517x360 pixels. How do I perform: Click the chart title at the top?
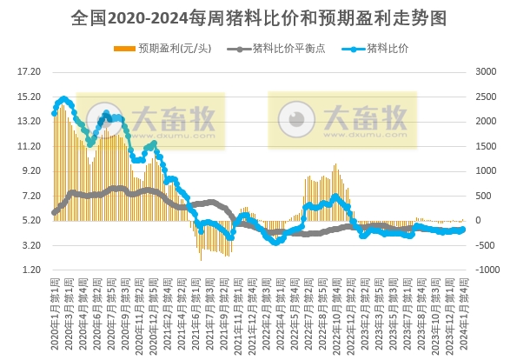(x=258, y=18)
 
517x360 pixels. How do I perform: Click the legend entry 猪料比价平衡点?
(x=279, y=49)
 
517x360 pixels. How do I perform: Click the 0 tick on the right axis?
(x=481, y=221)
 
